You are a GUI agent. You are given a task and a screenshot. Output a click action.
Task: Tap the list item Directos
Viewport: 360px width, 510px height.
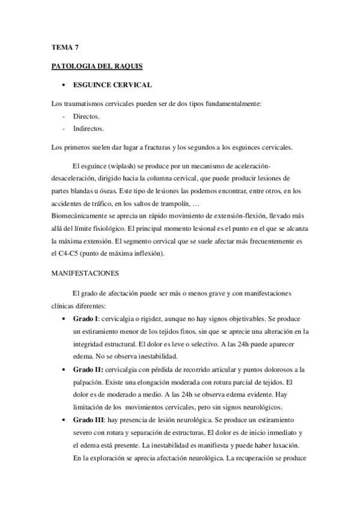click(86, 115)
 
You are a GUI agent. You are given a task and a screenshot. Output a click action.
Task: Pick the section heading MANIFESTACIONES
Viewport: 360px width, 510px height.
click(85, 273)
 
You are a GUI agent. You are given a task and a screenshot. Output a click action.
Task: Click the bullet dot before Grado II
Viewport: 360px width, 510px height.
click(64, 369)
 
